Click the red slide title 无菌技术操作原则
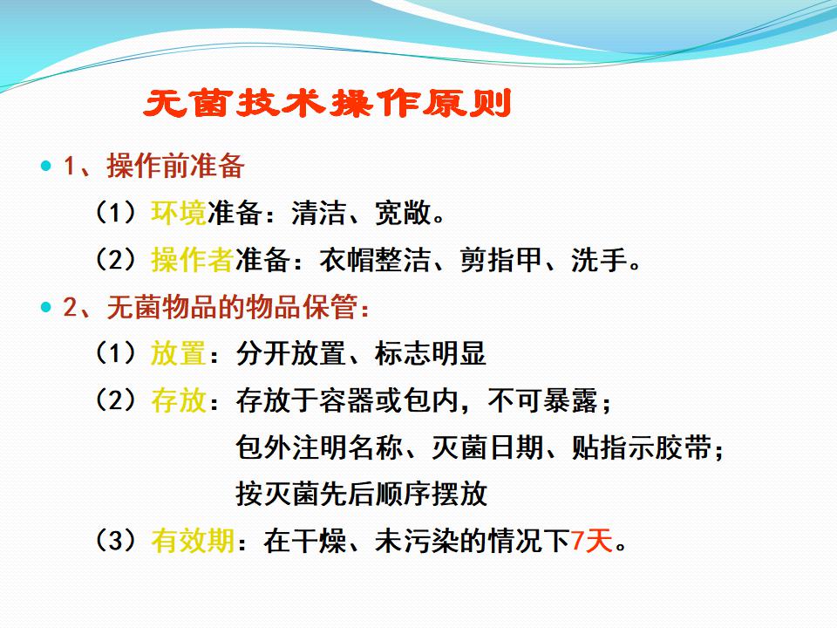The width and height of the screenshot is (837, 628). [x=327, y=103]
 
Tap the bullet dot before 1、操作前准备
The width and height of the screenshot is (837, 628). [x=46, y=166]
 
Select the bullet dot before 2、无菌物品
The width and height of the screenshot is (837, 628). [x=46, y=307]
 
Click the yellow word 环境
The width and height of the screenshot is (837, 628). [x=179, y=213]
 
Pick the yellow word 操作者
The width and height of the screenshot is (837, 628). [x=193, y=260]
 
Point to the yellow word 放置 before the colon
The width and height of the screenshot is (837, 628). [x=179, y=353]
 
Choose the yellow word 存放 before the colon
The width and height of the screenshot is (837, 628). [x=179, y=400]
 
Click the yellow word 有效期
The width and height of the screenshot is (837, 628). [x=193, y=541]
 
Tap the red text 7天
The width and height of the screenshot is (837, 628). [x=591, y=541]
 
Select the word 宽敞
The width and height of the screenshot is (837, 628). [x=403, y=213]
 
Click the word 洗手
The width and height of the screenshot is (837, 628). [x=599, y=260]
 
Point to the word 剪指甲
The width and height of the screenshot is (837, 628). [x=501, y=260]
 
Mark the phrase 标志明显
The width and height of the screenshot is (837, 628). [x=431, y=353]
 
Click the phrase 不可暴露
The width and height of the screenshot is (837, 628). [x=543, y=400]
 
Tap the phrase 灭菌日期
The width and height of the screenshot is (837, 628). [x=487, y=447]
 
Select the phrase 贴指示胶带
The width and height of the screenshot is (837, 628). [x=641, y=447]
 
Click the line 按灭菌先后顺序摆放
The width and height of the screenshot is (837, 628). [x=361, y=494]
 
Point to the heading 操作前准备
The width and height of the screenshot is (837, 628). [x=176, y=166]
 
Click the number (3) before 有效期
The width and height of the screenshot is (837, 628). [x=116, y=541]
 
